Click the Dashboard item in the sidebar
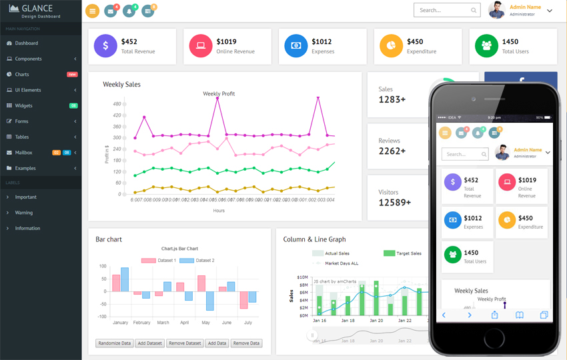click(x=26, y=43)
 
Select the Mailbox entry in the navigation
click(x=23, y=153)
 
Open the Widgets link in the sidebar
click(x=23, y=105)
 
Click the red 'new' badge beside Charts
click(x=72, y=75)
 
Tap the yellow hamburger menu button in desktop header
click(x=93, y=11)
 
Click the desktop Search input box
click(x=442, y=10)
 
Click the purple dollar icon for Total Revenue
click(x=105, y=46)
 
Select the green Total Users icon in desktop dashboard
click(x=486, y=46)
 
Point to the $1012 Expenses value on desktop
click(x=322, y=41)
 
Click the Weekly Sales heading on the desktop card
click(x=121, y=85)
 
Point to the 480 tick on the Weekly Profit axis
click(x=117, y=104)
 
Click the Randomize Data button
click(x=114, y=343)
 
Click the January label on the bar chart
click(x=120, y=323)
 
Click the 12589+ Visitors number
click(x=395, y=203)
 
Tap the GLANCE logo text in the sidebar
click(x=37, y=9)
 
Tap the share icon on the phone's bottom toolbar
click(x=494, y=315)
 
